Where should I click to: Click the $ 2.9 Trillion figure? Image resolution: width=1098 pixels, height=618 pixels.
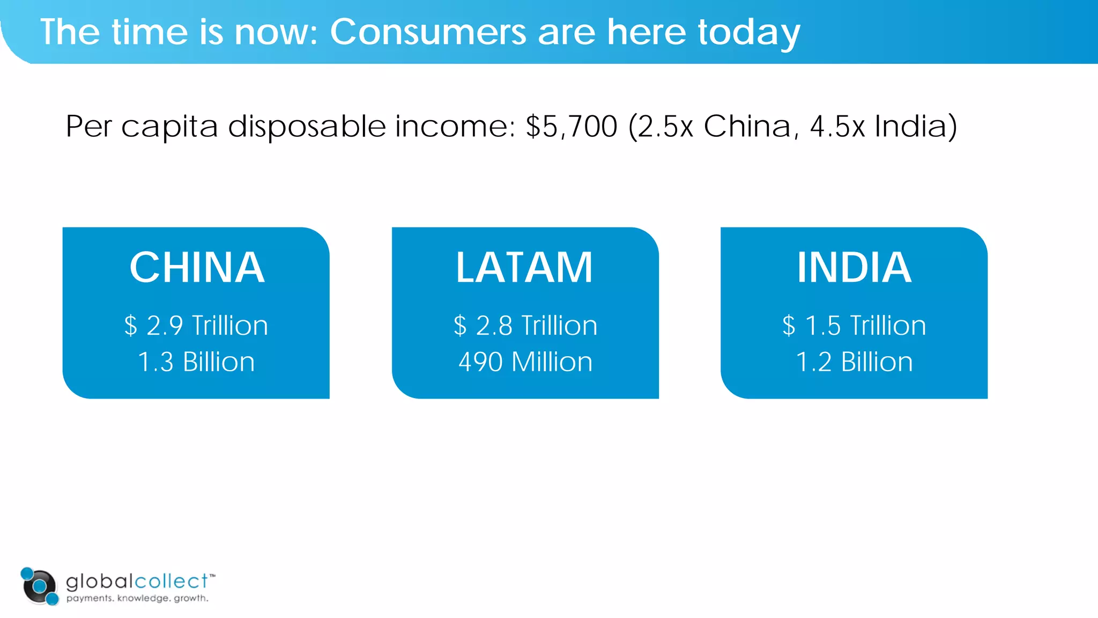coord(196,326)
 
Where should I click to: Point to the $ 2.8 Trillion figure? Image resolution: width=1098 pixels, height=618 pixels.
coord(525,326)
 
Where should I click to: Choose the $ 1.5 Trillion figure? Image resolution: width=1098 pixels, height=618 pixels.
coord(854,326)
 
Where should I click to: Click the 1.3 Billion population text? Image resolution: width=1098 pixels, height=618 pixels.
coord(196,362)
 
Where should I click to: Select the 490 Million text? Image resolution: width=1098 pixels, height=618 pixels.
coord(525,362)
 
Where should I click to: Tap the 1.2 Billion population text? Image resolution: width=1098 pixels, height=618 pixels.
coord(854,362)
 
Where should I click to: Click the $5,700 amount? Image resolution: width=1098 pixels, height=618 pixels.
coord(572,127)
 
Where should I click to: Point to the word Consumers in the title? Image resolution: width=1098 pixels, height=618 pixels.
coord(428,32)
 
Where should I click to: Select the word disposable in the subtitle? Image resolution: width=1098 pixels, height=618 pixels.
coord(307,127)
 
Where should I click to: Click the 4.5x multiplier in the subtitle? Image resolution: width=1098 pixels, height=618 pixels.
coord(837,127)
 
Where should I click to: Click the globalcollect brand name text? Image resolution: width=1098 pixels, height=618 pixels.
coord(137,581)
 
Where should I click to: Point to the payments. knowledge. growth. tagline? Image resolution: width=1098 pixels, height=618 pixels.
coord(137,598)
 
